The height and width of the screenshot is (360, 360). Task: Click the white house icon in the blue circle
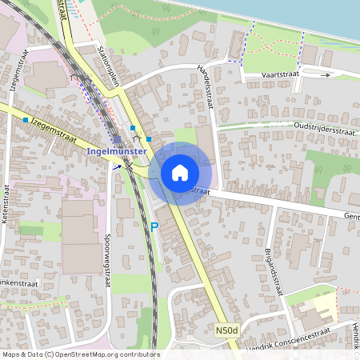coord(180,172)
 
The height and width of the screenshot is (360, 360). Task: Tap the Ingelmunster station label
coord(116,151)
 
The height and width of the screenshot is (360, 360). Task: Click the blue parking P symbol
coord(154,227)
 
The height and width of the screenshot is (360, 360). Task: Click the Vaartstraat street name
coord(280,74)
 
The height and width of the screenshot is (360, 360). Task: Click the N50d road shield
coord(226,329)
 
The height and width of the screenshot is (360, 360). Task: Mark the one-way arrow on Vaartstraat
coord(325,74)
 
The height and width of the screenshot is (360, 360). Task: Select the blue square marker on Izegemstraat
coord(26,120)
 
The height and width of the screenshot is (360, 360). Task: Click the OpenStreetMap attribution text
coord(80,354)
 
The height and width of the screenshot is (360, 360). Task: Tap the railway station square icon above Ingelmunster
coord(118,138)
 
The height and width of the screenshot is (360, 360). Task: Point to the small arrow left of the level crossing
coord(117,166)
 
